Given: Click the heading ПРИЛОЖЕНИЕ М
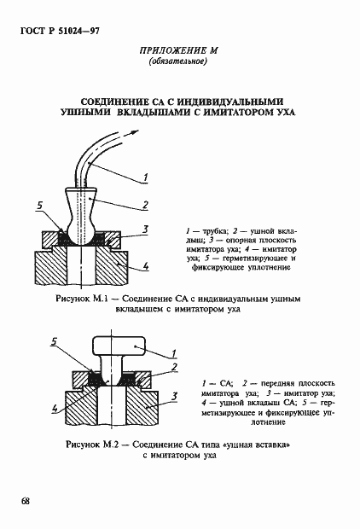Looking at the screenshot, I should (x=179, y=51).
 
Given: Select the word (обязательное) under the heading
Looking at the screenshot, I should (x=179, y=63).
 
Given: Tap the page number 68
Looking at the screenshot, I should (x=26, y=500).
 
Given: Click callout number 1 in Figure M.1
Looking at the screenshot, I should (x=146, y=177).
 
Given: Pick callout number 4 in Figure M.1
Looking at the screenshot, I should (x=146, y=267).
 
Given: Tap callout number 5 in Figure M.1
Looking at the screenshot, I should (x=40, y=206).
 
